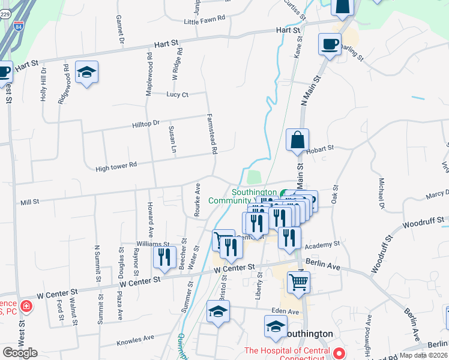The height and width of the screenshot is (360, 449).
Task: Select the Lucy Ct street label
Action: point(178,95)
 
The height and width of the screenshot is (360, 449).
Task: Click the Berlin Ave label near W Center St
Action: point(322,262)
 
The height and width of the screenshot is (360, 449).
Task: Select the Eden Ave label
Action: point(285,311)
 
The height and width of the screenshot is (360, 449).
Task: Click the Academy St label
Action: point(322,245)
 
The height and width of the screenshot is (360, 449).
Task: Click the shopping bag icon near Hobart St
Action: point(297,140)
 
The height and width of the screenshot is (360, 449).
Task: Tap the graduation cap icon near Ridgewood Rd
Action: point(87,72)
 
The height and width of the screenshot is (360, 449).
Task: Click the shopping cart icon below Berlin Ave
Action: point(298,280)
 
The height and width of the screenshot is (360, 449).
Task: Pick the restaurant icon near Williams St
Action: point(164,257)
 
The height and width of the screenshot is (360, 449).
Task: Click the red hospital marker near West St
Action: point(26,307)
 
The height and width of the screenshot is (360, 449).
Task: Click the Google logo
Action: point(20,352)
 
